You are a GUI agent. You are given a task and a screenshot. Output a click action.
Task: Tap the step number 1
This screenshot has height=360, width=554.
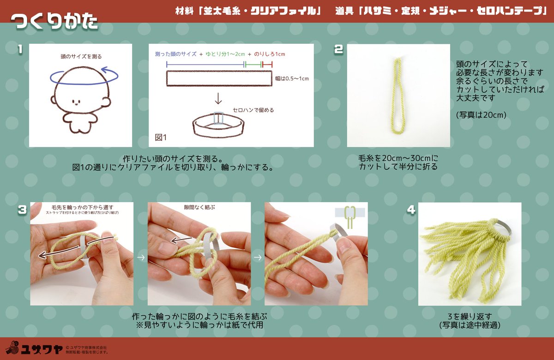click(19, 49)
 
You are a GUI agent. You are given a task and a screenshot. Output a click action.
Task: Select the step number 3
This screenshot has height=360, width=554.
click(21, 210)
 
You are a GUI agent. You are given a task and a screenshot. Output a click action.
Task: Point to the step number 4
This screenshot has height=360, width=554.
click(410, 210)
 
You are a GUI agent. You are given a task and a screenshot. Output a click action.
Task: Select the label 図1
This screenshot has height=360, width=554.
click(161, 138)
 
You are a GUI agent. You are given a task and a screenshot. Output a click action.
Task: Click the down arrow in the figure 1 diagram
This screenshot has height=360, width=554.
click(218, 98)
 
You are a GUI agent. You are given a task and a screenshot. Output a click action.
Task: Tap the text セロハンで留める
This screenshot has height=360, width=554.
click(253, 110)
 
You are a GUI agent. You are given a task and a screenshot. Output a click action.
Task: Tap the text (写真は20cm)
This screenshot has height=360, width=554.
click(481, 114)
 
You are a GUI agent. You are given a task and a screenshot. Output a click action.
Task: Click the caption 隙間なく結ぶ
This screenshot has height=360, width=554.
click(199, 207)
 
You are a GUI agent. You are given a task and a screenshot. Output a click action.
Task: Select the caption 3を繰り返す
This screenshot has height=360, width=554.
click(470, 317)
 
